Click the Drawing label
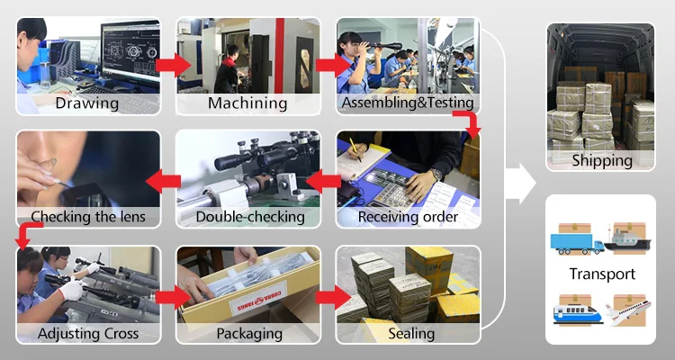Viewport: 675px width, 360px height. click(87, 103)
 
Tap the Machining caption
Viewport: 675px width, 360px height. click(247, 103)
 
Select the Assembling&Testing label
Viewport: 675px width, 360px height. click(408, 103)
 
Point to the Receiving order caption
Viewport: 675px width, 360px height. click(408, 217)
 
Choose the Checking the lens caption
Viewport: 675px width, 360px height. click(87, 217)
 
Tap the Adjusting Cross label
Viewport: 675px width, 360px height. click(88, 334)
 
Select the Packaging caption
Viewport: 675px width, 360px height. click(247, 334)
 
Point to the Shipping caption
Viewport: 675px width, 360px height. click(601, 161)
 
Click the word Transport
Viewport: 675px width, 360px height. click(601, 274)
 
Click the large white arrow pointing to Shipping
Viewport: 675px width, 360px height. click(518, 184)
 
